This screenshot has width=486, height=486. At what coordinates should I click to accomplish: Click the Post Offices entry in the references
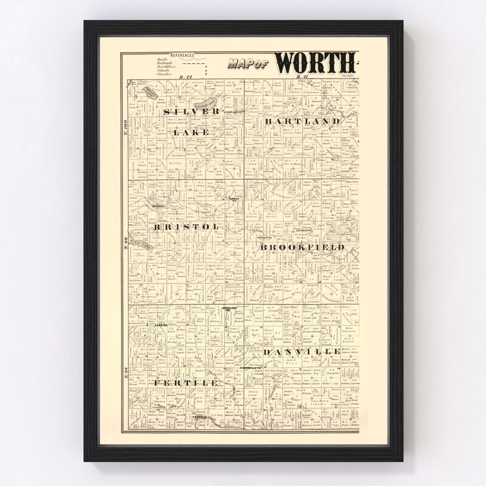coord(166,67)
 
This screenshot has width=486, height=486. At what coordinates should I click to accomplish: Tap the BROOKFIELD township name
coord(302,247)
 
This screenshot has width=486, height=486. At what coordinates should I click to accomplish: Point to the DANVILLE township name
coord(302,352)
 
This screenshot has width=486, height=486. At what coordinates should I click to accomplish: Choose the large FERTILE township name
coord(186,383)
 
